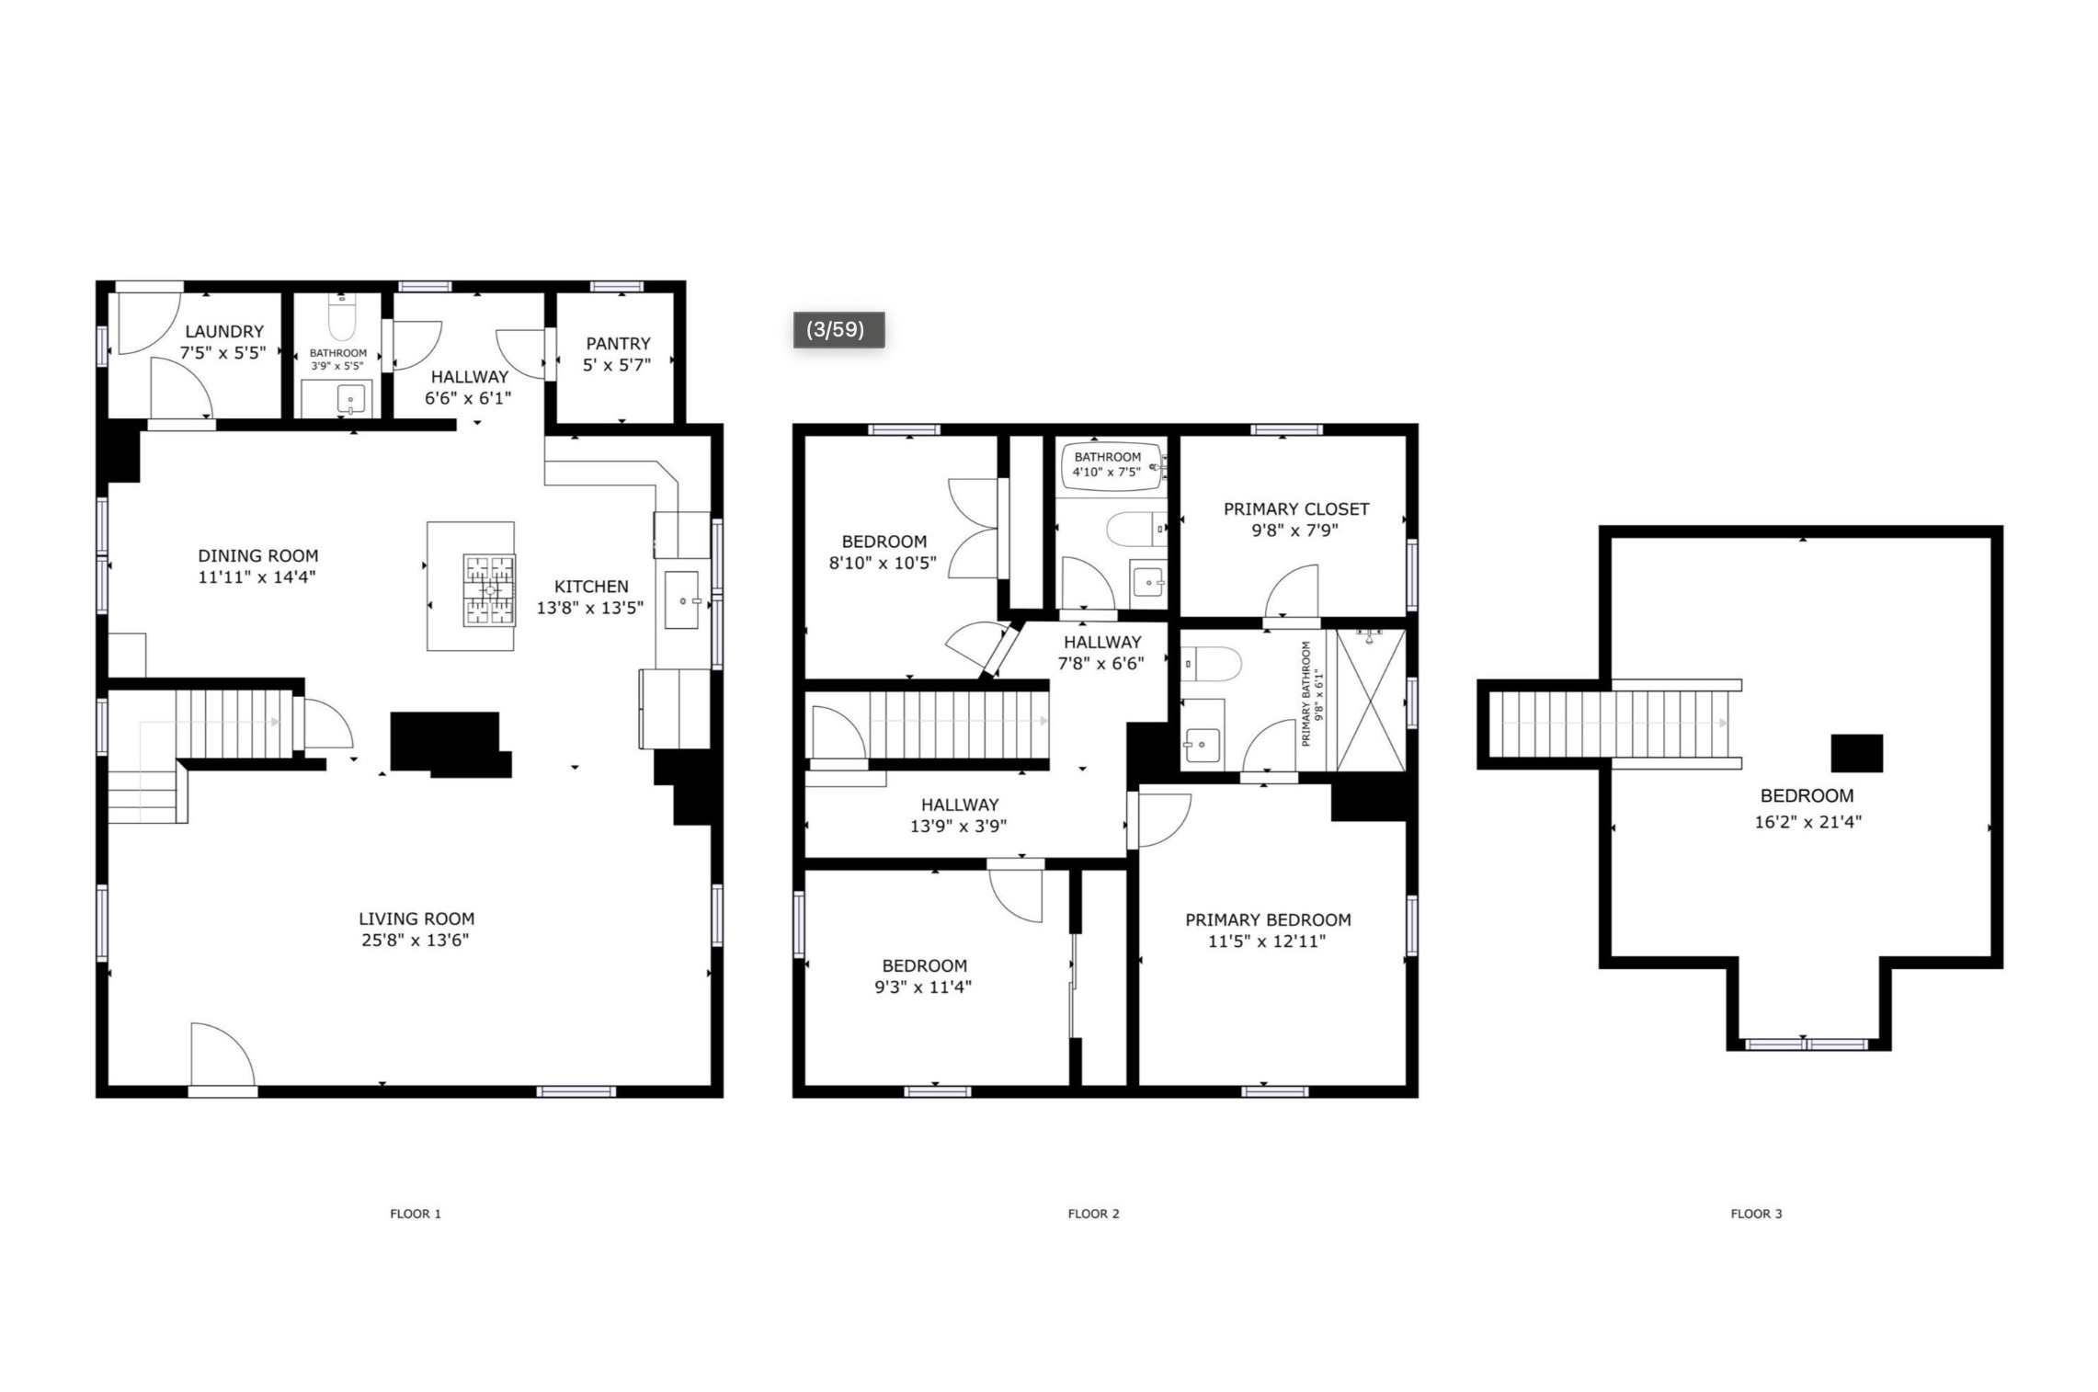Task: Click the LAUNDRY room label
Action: tap(224, 331)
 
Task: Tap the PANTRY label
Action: tap(618, 343)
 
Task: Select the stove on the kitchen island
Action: tap(489, 589)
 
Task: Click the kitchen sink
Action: tap(682, 599)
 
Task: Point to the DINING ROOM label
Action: tap(258, 555)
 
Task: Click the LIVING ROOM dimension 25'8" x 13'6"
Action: tap(416, 940)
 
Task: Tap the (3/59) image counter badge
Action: tap(838, 329)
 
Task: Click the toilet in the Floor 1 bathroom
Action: tap(342, 317)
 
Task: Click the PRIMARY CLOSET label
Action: tap(1296, 508)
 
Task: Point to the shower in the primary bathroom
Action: tap(1371, 700)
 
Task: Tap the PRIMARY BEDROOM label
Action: tap(1268, 919)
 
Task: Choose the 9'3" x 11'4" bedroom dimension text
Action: tap(925, 987)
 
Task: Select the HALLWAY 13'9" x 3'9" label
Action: tap(959, 815)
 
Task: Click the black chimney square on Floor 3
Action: tap(1856, 753)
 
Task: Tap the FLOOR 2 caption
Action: tap(1093, 1214)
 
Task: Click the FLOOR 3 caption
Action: tap(1756, 1214)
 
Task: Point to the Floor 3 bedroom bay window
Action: tap(1807, 1044)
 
